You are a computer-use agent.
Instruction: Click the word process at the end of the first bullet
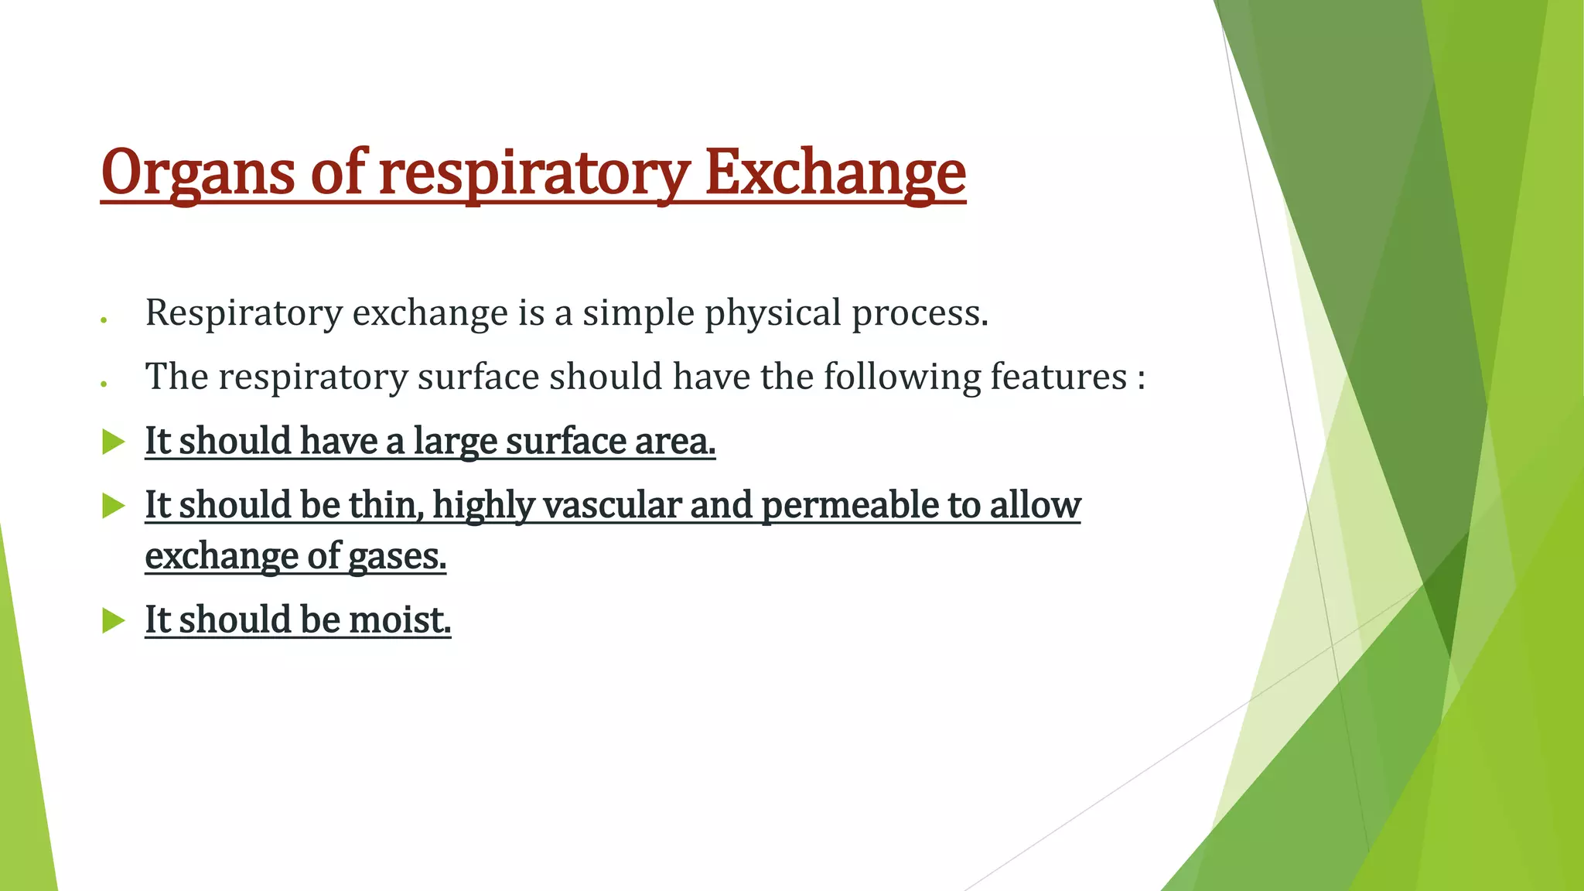click(919, 313)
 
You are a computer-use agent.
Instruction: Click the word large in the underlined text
click(455, 442)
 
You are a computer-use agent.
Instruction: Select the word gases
click(397, 556)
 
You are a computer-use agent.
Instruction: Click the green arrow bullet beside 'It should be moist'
click(114, 620)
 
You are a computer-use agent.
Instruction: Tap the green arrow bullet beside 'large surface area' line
click(114, 442)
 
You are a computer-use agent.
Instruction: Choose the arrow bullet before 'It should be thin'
click(114, 506)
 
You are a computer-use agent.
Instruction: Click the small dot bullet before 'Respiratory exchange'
click(103, 319)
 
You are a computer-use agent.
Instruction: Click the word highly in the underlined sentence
click(483, 506)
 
